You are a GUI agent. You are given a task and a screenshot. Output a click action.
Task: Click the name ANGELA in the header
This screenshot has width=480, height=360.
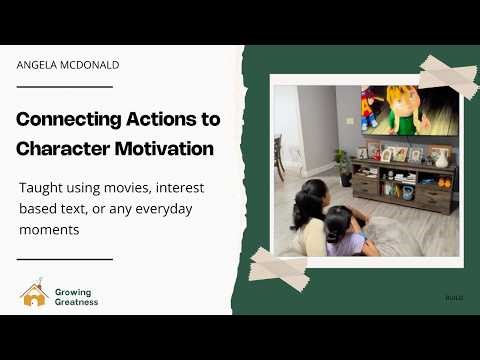coord(35,65)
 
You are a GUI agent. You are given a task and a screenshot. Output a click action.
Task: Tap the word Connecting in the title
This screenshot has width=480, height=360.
coord(64,120)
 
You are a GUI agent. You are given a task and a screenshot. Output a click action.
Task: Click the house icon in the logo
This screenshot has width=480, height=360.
coord(33,294)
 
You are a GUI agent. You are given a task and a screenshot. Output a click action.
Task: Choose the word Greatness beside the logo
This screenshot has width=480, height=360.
coord(78,301)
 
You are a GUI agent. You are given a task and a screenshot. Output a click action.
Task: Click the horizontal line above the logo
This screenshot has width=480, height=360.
coord(64,259)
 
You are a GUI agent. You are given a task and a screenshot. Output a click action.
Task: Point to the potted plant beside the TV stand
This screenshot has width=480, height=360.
coord(342,163)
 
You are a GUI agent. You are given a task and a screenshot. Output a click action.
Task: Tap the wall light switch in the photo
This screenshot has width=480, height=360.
coord(350,121)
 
